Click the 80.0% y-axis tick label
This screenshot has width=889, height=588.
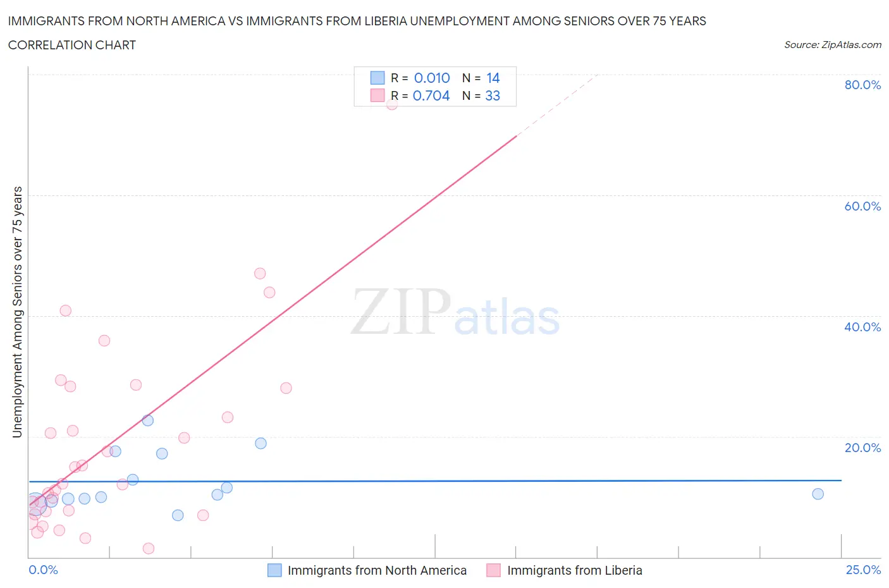click(x=862, y=85)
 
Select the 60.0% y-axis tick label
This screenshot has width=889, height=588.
click(x=862, y=206)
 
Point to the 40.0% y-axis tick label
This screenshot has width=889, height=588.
click(x=862, y=327)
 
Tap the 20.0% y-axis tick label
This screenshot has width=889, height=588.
click(x=862, y=448)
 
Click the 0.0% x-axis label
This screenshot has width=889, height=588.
click(x=43, y=570)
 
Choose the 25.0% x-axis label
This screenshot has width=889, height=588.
click(x=863, y=570)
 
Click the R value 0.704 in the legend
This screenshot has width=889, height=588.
click(x=431, y=95)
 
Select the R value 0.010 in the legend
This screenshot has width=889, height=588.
click(x=432, y=78)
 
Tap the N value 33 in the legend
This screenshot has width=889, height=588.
click(x=493, y=95)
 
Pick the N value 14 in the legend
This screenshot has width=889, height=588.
click(x=493, y=78)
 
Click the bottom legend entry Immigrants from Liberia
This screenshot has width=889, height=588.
click(x=574, y=570)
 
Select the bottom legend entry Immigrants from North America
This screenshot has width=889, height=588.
click(x=377, y=570)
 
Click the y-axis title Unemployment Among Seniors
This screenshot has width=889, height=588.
click(x=17, y=312)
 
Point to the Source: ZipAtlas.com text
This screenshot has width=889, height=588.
click(x=832, y=45)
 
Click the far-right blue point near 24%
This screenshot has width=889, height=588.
click(x=818, y=494)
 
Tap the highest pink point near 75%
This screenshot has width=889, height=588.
click(x=392, y=104)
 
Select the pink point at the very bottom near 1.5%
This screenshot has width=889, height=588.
click(x=149, y=548)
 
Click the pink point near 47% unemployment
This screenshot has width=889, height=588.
click(x=260, y=274)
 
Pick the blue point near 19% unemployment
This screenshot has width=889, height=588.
click(x=261, y=443)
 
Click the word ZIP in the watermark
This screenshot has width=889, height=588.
click(x=400, y=312)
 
